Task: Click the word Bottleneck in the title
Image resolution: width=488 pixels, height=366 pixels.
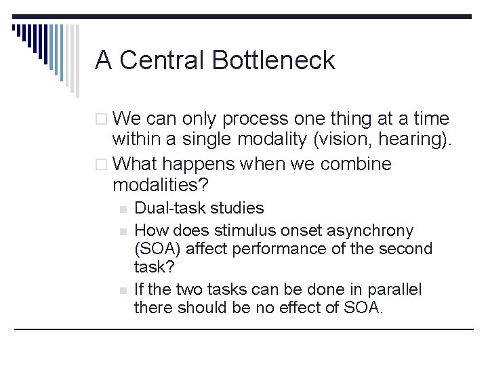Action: click(x=273, y=60)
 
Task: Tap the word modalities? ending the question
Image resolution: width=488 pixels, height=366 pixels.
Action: click(x=161, y=185)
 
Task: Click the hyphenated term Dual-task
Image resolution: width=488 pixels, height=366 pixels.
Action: click(x=167, y=208)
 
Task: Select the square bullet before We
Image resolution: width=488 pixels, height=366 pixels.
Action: click(x=102, y=120)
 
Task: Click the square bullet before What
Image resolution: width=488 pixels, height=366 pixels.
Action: click(x=102, y=165)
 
